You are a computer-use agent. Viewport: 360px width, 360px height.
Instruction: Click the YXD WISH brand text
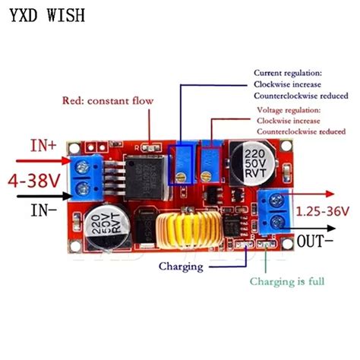point(43,15)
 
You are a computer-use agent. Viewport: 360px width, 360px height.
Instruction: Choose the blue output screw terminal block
point(272,209)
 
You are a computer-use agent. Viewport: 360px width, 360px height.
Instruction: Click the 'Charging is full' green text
point(288,282)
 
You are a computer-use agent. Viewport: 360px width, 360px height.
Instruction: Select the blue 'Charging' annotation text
point(181,267)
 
